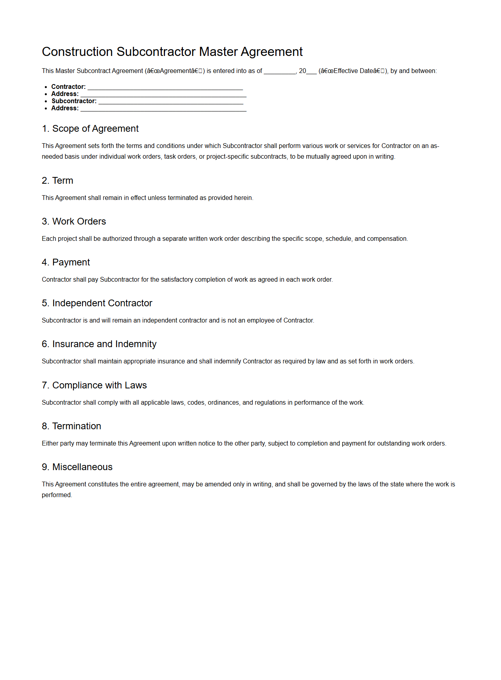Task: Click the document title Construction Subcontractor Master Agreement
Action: pyautogui.click(x=172, y=52)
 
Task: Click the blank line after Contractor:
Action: pyautogui.click(x=165, y=87)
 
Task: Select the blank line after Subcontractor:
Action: pyautogui.click(x=171, y=102)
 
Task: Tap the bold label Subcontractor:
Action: pyautogui.click(x=74, y=101)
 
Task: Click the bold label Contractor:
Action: pyautogui.click(x=69, y=87)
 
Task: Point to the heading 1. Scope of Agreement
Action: pyautogui.click(x=90, y=129)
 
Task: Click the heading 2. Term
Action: pyautogui.click(x=58, y=181)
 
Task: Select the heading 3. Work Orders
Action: pyautogui.click(x=74, y=221)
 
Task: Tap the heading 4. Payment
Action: pyautogui.click(x=66, y=262)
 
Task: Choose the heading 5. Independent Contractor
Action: pyautogui.click(x=97, y=303)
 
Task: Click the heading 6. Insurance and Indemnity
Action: pyautogui.click(x=99, y=344)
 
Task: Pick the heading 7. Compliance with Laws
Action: pyautogui.click(x=94, y=385)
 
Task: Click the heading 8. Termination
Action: pyautogui.click(x=71, y=426)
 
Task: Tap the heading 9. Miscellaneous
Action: pyautogui.click(x=77, y=467)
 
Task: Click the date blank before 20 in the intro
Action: pyautogui.click(x=280, y=71)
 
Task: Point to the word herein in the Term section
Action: pyautogui.click(x=243, y=198)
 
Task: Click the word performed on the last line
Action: pyautogui.click(x=56, y=495)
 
